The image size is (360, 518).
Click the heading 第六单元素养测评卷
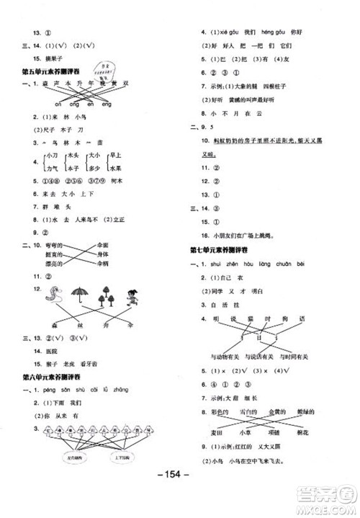tap(50, 376)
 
